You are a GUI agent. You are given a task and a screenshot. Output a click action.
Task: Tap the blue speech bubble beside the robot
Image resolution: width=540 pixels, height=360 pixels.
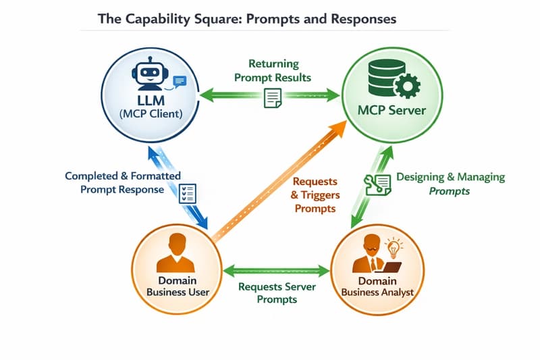point(179,82)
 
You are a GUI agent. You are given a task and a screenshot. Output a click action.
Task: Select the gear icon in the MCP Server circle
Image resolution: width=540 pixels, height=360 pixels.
point(406,87)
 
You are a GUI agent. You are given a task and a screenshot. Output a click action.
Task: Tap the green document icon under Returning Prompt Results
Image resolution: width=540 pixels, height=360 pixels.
point(273,99)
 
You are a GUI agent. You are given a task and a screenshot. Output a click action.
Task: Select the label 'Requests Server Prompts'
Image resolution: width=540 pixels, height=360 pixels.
point(277,292)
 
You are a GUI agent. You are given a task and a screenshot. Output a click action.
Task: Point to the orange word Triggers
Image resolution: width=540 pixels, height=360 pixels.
point(315,195)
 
